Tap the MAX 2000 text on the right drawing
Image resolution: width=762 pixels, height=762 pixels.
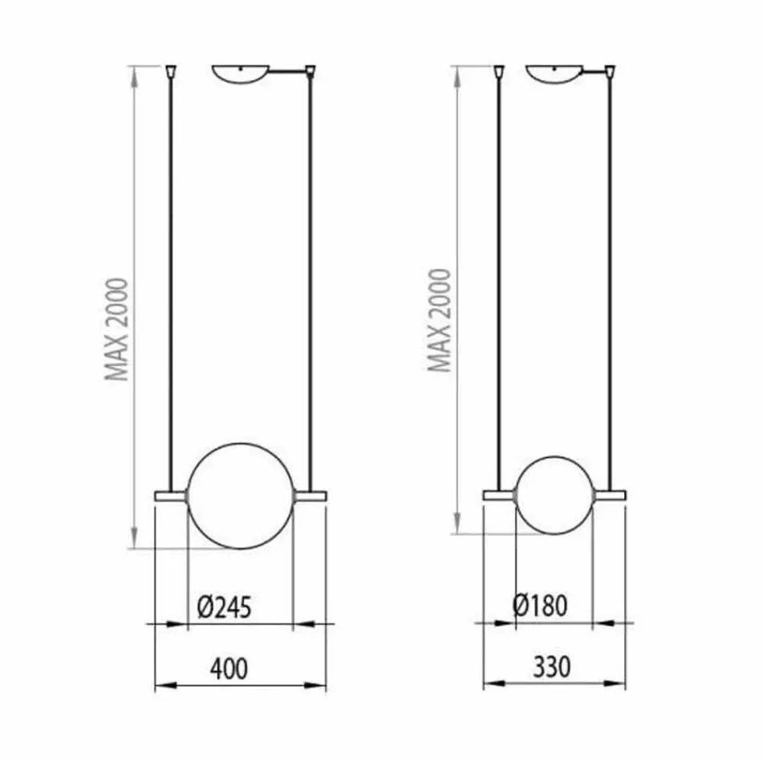click(x=440, y=320)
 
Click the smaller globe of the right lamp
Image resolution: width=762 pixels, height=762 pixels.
click(x=554, y=496)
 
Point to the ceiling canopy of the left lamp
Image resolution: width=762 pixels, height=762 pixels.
click(x=240, y=75)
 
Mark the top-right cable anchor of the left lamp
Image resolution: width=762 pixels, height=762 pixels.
click(x=311, y=73)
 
